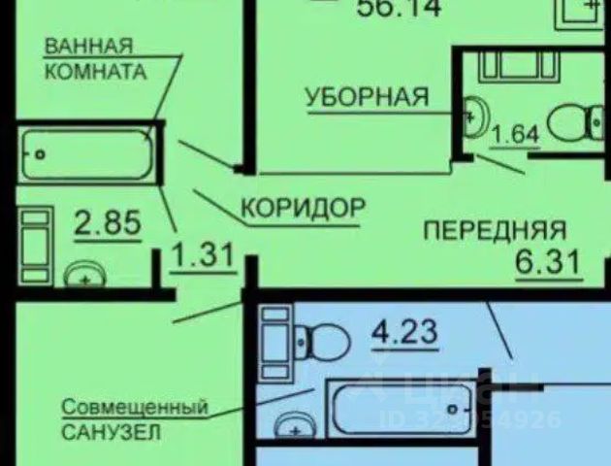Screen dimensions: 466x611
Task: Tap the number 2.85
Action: [x=108, y=224]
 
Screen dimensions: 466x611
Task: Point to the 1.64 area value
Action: [x=516, y=135]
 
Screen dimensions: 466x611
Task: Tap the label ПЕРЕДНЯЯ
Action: [x=495, y=230]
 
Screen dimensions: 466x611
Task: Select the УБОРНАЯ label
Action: [x=368, y=96]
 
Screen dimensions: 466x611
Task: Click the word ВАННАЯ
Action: [x=88, y=46]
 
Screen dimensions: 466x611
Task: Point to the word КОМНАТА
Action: [x=95, y=71]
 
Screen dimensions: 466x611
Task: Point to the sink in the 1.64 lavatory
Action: [x=472, y=116]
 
